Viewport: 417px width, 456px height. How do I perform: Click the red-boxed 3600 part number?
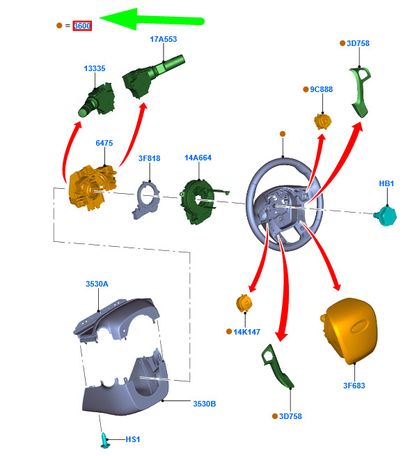click(82, 26)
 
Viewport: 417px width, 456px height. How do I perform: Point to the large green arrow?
click(152, 20)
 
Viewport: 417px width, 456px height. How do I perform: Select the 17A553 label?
click(163, 39)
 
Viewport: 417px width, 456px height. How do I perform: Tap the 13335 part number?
click(95, 68)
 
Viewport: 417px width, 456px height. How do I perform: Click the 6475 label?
click(104, 143)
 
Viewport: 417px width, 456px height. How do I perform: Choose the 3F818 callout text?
click(149, 158)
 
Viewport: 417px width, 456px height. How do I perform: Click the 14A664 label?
click(198, 158)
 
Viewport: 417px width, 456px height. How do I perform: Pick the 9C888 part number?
click(321, 89)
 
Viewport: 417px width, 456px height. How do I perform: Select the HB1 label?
click(386, 183)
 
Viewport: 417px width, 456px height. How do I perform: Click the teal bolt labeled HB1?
click(386, 215)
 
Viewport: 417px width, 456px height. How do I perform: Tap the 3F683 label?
click(354, 386)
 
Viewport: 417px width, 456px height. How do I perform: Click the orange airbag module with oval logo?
click(349, 330)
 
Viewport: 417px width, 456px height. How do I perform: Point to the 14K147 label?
click(247, 332)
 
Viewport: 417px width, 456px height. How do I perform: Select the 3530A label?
click(97, 284)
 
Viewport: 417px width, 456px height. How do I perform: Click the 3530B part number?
click(205, 404)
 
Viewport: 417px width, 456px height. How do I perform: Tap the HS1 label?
click(133, 439)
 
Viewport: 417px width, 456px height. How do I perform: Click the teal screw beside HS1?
click(104, 441)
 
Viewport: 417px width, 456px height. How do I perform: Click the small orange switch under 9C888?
click(322, 121)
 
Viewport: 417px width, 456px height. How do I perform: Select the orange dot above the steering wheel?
click(283, 134)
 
